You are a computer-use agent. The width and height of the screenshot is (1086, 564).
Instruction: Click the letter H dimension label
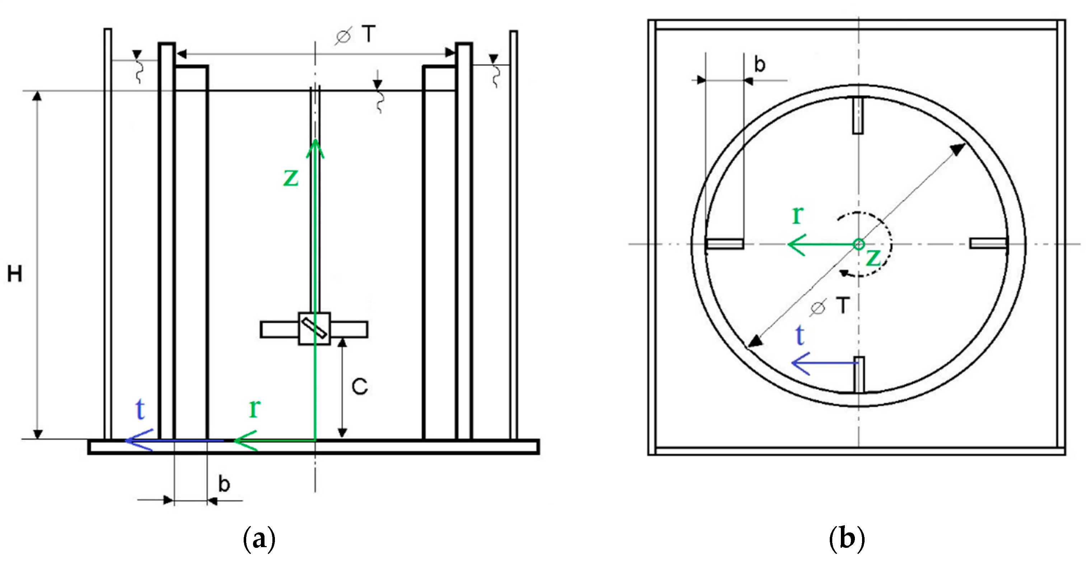(x=15, y=274)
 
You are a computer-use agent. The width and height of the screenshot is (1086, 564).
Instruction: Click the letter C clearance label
(x=360, y=386)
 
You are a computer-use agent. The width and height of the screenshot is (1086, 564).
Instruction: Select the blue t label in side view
(x=140, y=409)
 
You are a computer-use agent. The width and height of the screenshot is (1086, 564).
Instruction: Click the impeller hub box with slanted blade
(x=314, y=328)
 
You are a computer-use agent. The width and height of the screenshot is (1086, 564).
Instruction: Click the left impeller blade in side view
(x=279, y=330)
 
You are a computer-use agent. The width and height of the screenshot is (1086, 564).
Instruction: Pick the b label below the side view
(x=224, y=484)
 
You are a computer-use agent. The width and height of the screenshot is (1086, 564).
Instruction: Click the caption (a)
(x=259, y=539)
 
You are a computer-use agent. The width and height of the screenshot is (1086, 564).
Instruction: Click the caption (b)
(x=847, y=539)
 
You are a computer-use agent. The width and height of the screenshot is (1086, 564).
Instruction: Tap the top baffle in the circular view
(x=858, y=116)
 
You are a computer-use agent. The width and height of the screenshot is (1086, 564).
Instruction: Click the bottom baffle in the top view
(x=859, y=374)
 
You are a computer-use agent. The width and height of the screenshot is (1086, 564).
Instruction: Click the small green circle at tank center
(x=859, y=244)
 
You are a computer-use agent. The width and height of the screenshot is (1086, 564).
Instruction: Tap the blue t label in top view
(x=800, y=335)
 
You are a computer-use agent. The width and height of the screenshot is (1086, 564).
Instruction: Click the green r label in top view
(x=798, y=215)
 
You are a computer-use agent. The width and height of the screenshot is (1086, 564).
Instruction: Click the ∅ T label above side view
(x=355, y=34)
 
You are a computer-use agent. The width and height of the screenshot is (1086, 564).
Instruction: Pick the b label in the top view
(x=760, y=65)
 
